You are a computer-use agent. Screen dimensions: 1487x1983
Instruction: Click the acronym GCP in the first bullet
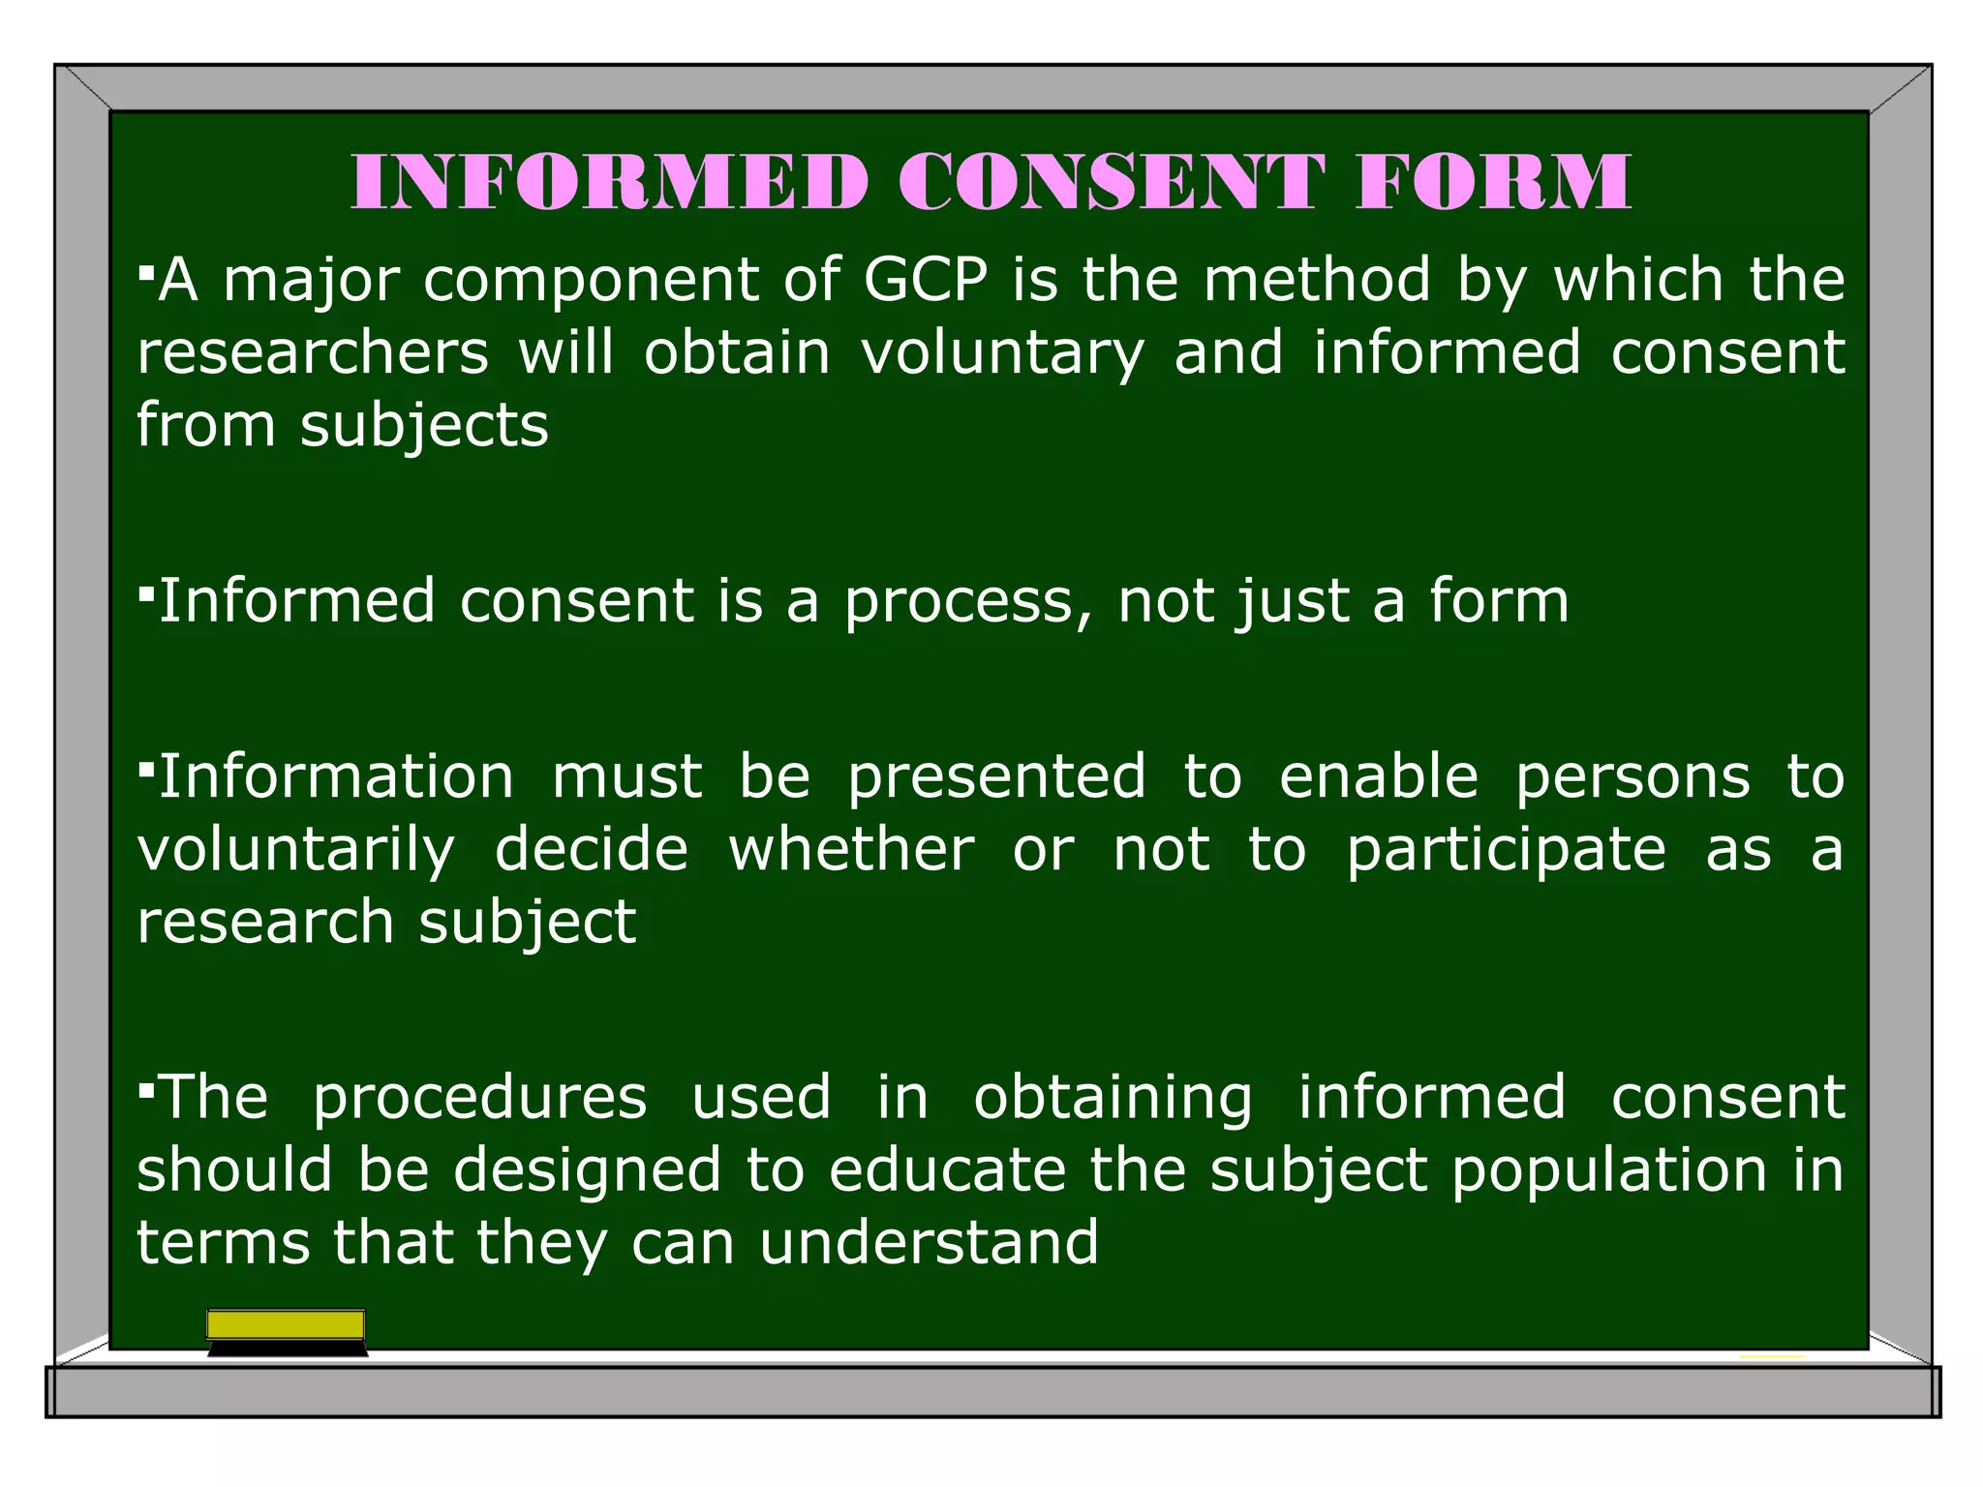(x=926, y=280)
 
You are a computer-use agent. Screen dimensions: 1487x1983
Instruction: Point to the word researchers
(x=313, y=351)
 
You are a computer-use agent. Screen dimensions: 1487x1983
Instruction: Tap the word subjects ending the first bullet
(x=424, y=427)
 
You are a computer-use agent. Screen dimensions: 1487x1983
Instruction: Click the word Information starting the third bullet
(x=336, y=776)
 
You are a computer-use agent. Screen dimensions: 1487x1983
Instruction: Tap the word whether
(x=852, y=849)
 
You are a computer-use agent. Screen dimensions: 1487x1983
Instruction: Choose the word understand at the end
(x=930, y=1242)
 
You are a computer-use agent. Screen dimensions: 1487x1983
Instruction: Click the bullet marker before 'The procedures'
(x=146, y=1091)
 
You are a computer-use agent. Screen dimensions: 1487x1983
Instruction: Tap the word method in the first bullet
(x=1317, y=280)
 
